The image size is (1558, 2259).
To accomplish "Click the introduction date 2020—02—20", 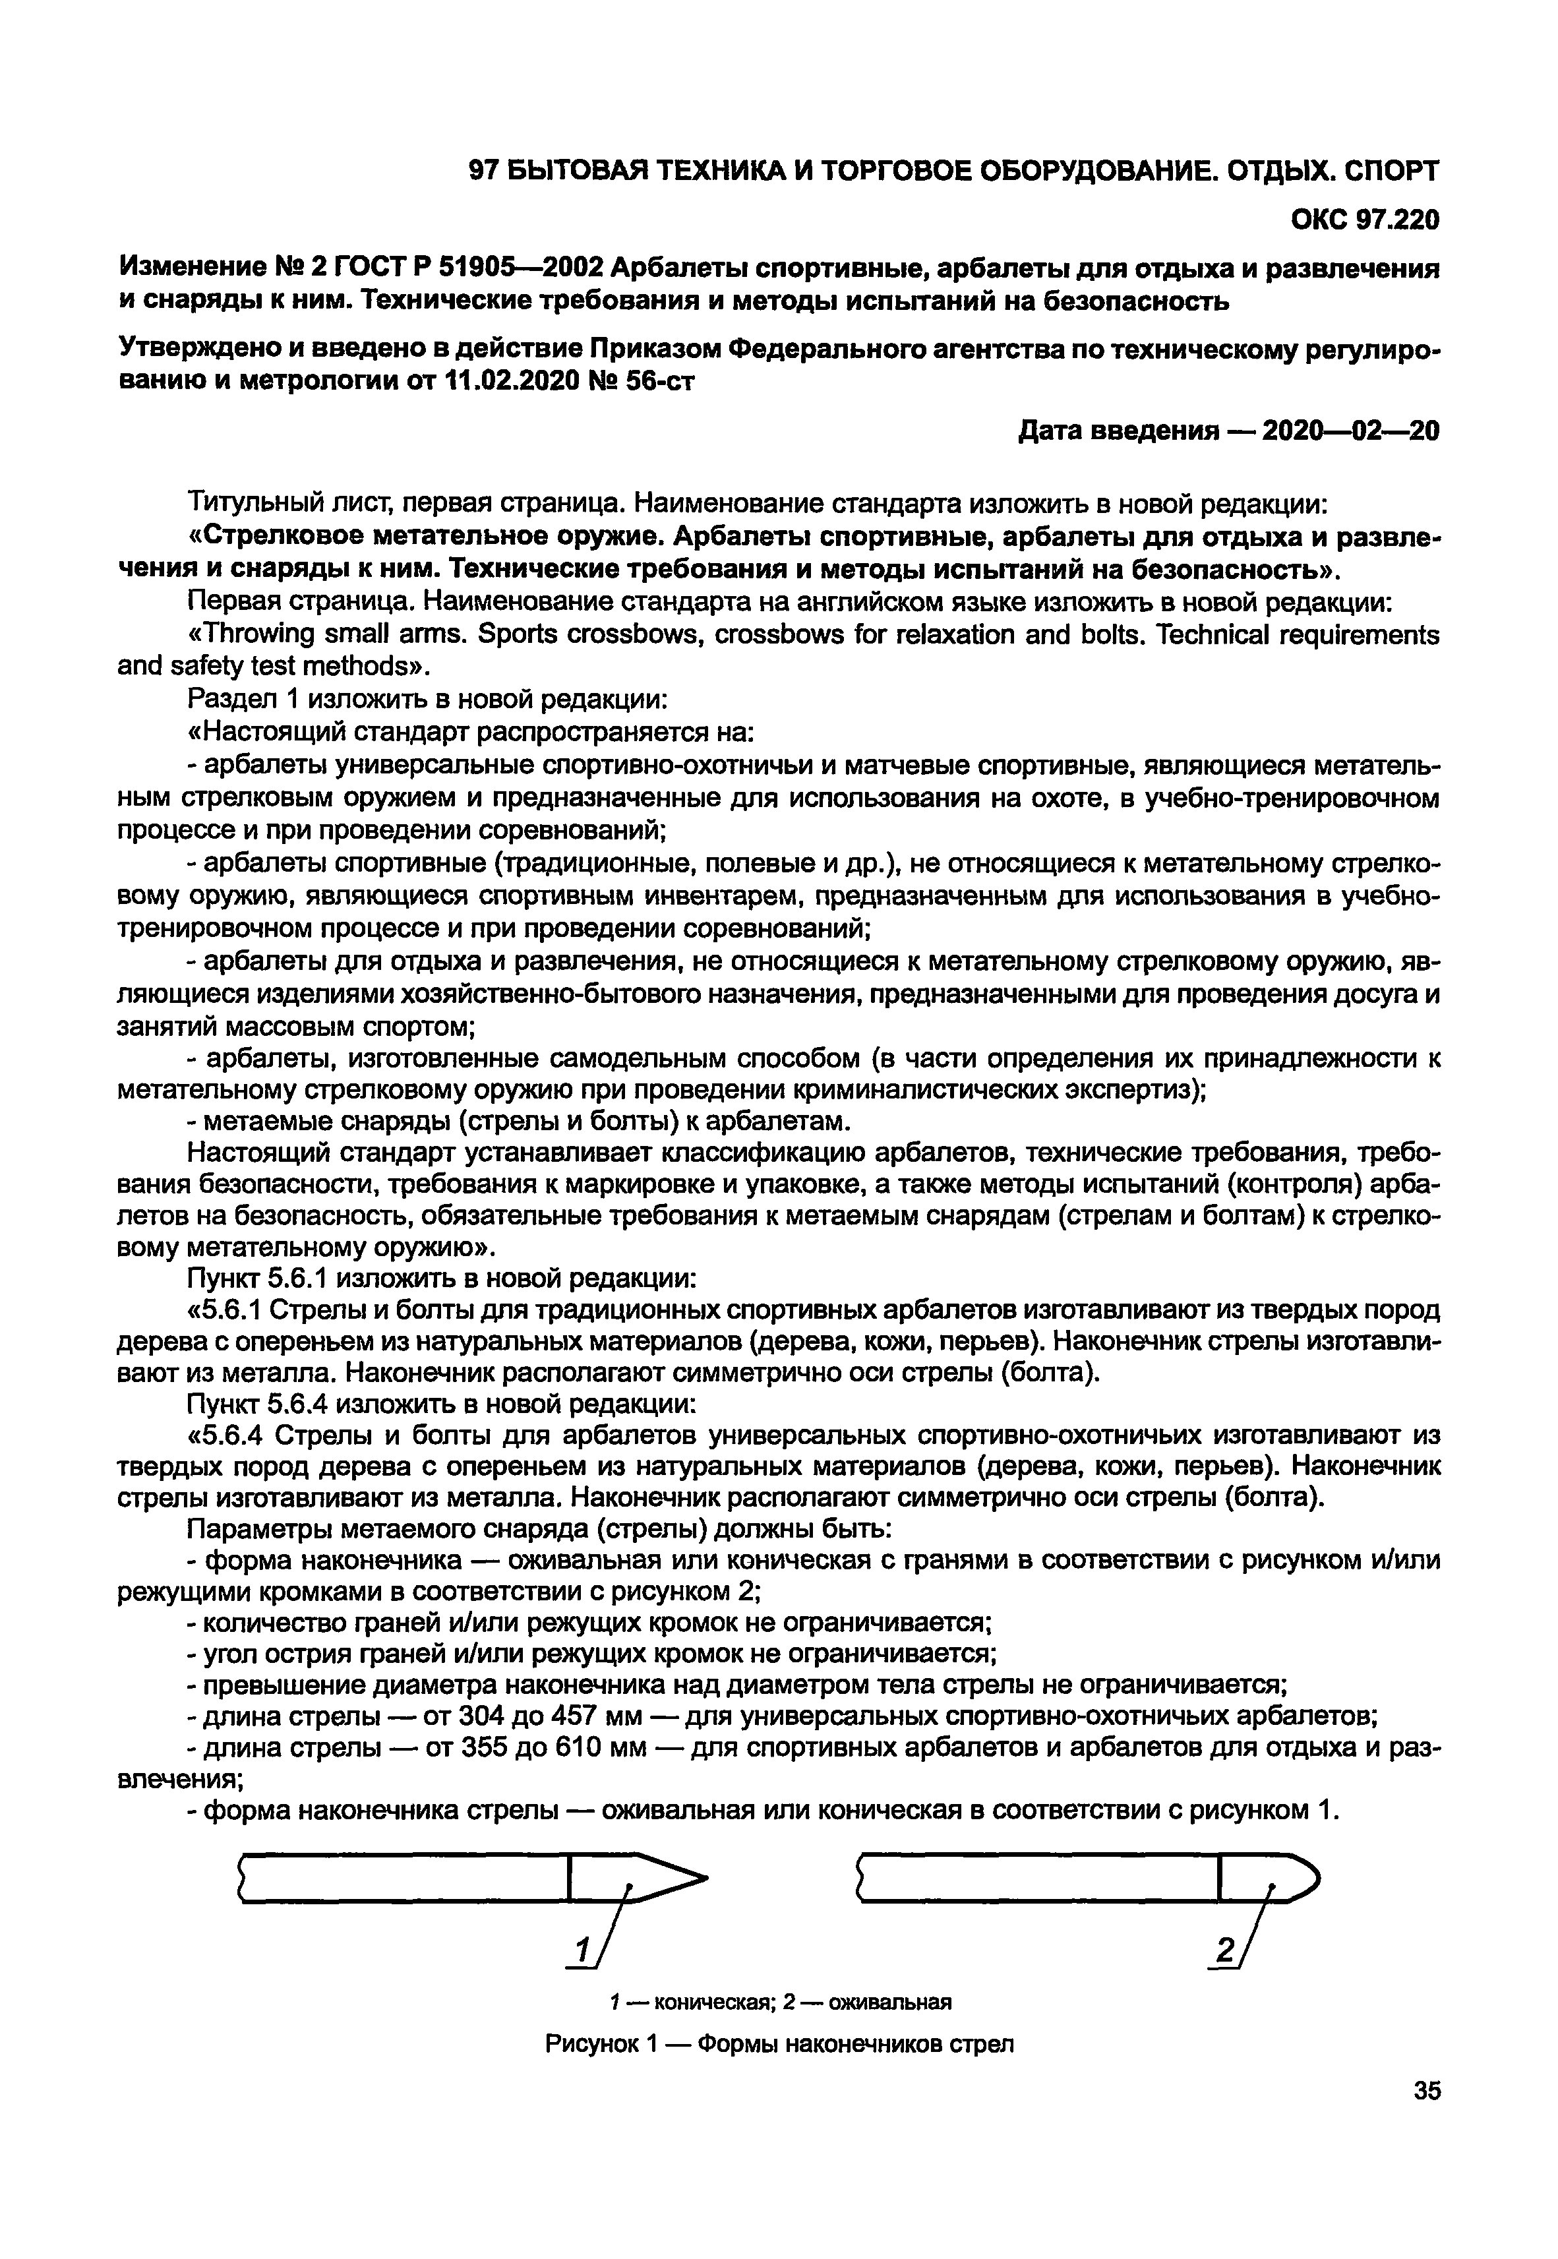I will pyautogui.click(x=1351, y=431).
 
